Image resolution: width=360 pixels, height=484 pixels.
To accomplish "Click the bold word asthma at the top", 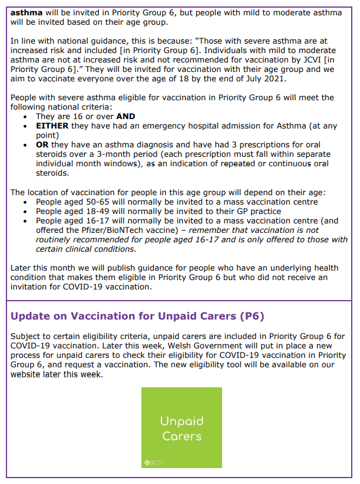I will pos(27,11).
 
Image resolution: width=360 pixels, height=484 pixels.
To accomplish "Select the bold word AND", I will pos(126,117).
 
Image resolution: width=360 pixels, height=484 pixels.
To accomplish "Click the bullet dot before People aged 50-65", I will pos(24,202).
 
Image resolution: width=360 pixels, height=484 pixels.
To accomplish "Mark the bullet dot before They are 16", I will pos(24,117).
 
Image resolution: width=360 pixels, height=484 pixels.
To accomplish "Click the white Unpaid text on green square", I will pos(181,421).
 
